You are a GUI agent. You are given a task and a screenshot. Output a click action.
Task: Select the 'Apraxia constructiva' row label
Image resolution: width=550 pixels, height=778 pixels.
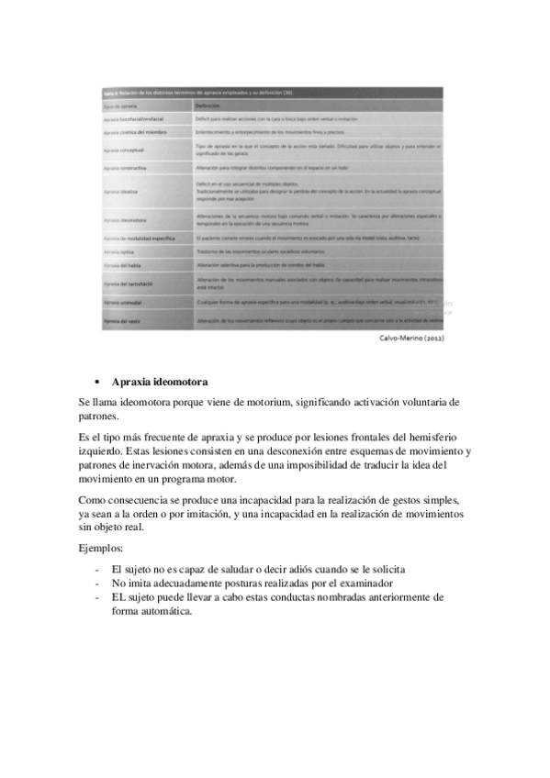pos(127,169)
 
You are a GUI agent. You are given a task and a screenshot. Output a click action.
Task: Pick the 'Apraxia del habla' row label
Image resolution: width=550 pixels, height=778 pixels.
pos(123,265)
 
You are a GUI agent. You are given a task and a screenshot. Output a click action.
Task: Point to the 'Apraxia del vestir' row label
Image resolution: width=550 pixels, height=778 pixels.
pos(124,322)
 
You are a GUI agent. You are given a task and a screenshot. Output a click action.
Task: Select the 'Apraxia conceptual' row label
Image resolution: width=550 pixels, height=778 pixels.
pos(126,150)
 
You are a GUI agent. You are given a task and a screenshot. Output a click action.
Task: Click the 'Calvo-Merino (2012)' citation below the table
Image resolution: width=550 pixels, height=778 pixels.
pos(411,338)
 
